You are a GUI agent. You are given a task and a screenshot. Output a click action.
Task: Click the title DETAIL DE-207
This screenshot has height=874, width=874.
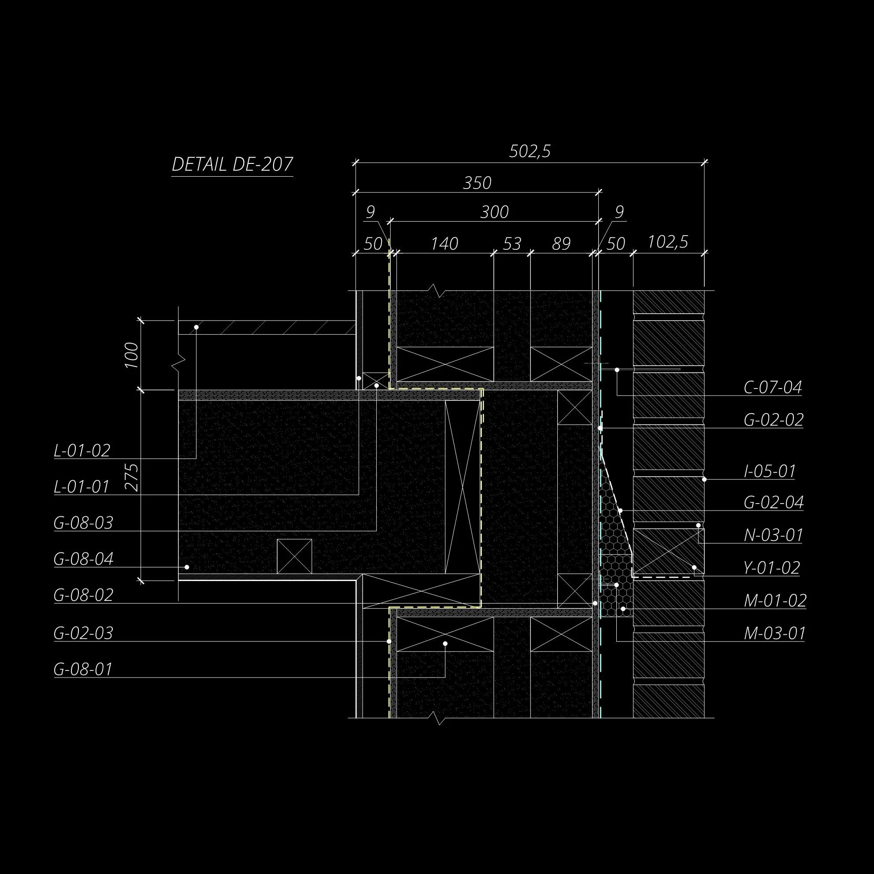[x=232, y=164]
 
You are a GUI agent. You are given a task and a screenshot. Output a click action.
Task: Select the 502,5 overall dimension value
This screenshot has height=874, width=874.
[x=530, y=151]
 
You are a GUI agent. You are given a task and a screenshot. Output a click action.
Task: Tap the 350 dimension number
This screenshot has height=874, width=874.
[x=477, y=183]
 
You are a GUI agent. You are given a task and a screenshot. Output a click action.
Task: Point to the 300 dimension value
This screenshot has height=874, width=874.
[x=494, y=212]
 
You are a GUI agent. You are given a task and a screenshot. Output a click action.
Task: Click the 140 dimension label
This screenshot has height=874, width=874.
[x=444, y=244]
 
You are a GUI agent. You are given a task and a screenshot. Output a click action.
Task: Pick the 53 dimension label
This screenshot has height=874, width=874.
[x=511, y=244]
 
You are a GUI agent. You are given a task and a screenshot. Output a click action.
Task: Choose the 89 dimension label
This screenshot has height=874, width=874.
[x=561, y=244]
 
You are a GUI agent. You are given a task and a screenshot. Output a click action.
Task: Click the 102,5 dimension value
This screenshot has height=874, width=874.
[x=668, y=242]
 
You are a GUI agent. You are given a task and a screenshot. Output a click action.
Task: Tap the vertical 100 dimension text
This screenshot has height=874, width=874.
[x=132, y=355]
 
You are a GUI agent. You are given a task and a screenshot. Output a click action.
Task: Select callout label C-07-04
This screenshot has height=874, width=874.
[x=773, y=387]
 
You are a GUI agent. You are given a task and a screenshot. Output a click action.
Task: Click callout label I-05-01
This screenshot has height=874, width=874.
[x=770, y=471]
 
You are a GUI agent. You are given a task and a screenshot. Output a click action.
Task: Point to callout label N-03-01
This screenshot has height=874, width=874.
[x=773, y=535]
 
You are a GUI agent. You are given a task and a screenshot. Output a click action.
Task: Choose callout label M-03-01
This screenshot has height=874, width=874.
[x=774, y=633]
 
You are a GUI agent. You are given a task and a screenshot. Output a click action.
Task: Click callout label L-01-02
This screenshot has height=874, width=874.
[x=82, y=451]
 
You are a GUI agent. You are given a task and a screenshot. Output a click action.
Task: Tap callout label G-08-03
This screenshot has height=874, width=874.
[x=83, y=523]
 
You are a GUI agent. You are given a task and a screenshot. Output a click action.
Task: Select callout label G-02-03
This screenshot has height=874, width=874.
[x=83, y=633]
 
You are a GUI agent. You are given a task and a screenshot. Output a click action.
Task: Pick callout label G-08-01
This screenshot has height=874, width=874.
[x=83, y=669]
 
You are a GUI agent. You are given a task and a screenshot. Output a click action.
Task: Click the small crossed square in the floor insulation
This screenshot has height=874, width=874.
[x=295, y=556]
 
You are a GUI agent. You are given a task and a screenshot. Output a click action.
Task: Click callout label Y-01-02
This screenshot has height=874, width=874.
[x=772, y=568]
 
